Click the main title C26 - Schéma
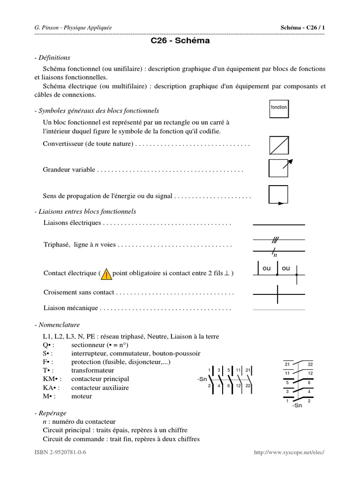tap(180, 41)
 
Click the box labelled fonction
tap(279, 107)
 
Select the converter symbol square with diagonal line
tap(279, 145)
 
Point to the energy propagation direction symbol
tap(278, 195)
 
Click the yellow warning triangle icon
tap(106, 274)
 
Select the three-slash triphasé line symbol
tap(275, 240)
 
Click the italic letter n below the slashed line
tap(276, 255)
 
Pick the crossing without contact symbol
tap(278, 294)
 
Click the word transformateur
tap(93, 370)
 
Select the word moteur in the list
tap(82, 396)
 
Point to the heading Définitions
tap(53, 58)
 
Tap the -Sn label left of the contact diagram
tap(202, 379)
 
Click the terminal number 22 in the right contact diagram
tap(310, 364)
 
